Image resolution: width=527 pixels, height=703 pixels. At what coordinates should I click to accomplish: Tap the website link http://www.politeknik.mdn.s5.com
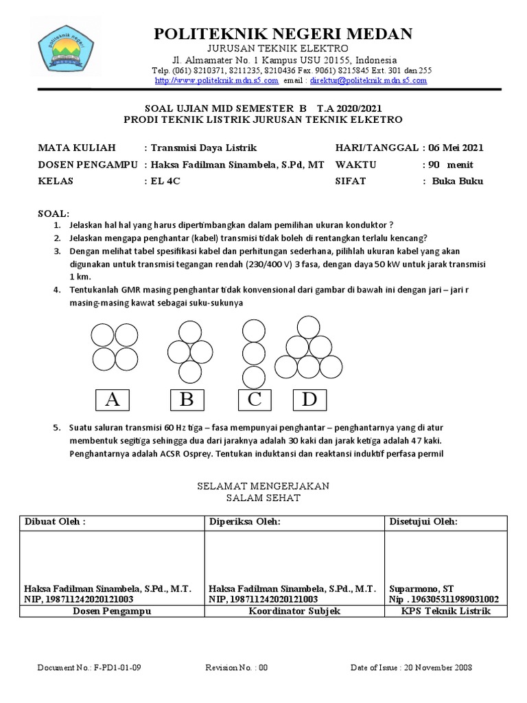coord(216,80)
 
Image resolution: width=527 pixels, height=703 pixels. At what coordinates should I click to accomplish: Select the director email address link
coord(368,80)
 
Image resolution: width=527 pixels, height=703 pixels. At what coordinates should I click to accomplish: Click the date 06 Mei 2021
coord(454,148)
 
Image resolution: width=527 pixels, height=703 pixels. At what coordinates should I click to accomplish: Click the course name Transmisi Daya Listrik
coord(204,148)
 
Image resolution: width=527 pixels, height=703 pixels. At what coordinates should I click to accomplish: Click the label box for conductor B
coord(187,400)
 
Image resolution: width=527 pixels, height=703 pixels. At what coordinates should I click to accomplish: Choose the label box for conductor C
coord(255,400)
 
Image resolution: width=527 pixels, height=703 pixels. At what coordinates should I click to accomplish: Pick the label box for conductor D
coord(309,400)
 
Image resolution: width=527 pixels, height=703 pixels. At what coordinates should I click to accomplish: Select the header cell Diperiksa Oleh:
coord(246,522)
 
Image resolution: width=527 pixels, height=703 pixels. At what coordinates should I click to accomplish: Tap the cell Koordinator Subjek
coord(294,611)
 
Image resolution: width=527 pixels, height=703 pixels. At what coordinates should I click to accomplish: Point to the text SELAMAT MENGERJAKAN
coord(263,485)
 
